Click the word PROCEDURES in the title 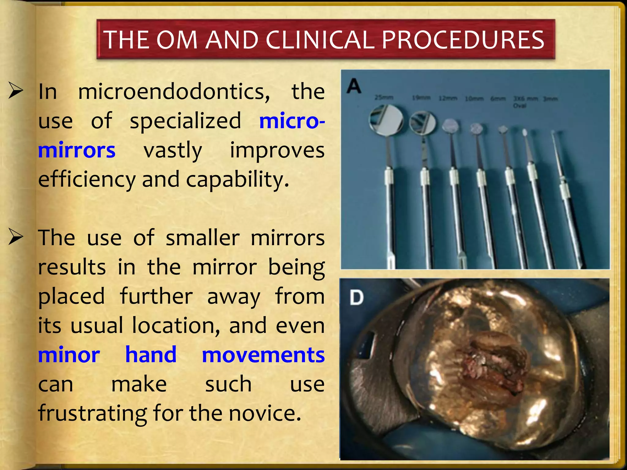pos(463,40)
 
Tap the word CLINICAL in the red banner pos(320,40)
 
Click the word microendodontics pos(174,92)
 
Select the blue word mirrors pos(77,151)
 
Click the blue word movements pos(263,355)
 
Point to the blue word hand pos(151,355)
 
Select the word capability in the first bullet pos(237,180)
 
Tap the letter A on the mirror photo pos(354,86)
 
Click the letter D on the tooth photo pos(357,297)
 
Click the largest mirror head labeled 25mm pos(386,120)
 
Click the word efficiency pos(87,180)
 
